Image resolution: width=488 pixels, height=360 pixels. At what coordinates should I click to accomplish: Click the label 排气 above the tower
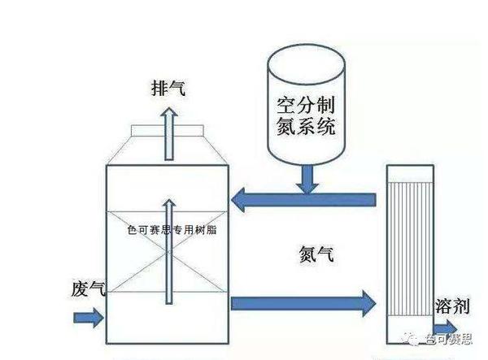(x=168, y=88)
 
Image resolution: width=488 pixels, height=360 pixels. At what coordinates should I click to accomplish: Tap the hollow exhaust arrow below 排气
(x=169, y=134)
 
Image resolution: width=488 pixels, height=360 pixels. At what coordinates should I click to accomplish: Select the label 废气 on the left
(x=89, y=289)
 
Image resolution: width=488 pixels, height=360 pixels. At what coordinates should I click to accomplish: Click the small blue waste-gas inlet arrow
(x=89, y=318)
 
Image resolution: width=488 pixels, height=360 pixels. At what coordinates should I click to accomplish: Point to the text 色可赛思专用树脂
(x=172, y=230)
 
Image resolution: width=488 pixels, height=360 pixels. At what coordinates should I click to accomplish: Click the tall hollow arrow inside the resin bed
(x=169, y=251)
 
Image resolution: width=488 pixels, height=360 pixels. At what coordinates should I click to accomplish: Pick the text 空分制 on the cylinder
(x=307, y=105)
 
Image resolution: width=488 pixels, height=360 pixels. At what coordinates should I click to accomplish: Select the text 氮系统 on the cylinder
(x=307, y=126)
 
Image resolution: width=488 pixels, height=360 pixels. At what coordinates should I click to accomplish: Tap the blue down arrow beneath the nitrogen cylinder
(x=307, y=180)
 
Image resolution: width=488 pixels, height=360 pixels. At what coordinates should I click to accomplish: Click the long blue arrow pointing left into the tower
(x=303, y=200)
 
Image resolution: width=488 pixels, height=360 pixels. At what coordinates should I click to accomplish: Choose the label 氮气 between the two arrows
(x=316, y=254)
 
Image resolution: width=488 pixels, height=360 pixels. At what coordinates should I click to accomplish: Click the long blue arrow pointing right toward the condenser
(x=303, y=303)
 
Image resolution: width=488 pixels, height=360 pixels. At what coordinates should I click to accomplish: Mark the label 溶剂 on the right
(x=452, y=306)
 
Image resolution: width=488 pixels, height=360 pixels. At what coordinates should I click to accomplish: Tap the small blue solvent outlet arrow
(x=446, y=328)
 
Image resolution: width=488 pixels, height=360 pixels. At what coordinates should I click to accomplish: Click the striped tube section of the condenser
(x=410, y=249)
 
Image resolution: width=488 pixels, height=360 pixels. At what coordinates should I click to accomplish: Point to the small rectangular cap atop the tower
(x=168, y=131)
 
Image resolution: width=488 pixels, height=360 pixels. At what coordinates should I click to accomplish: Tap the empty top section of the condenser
(x=410, y=174)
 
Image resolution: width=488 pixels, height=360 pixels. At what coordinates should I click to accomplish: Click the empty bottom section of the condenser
(x=410, y=330)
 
